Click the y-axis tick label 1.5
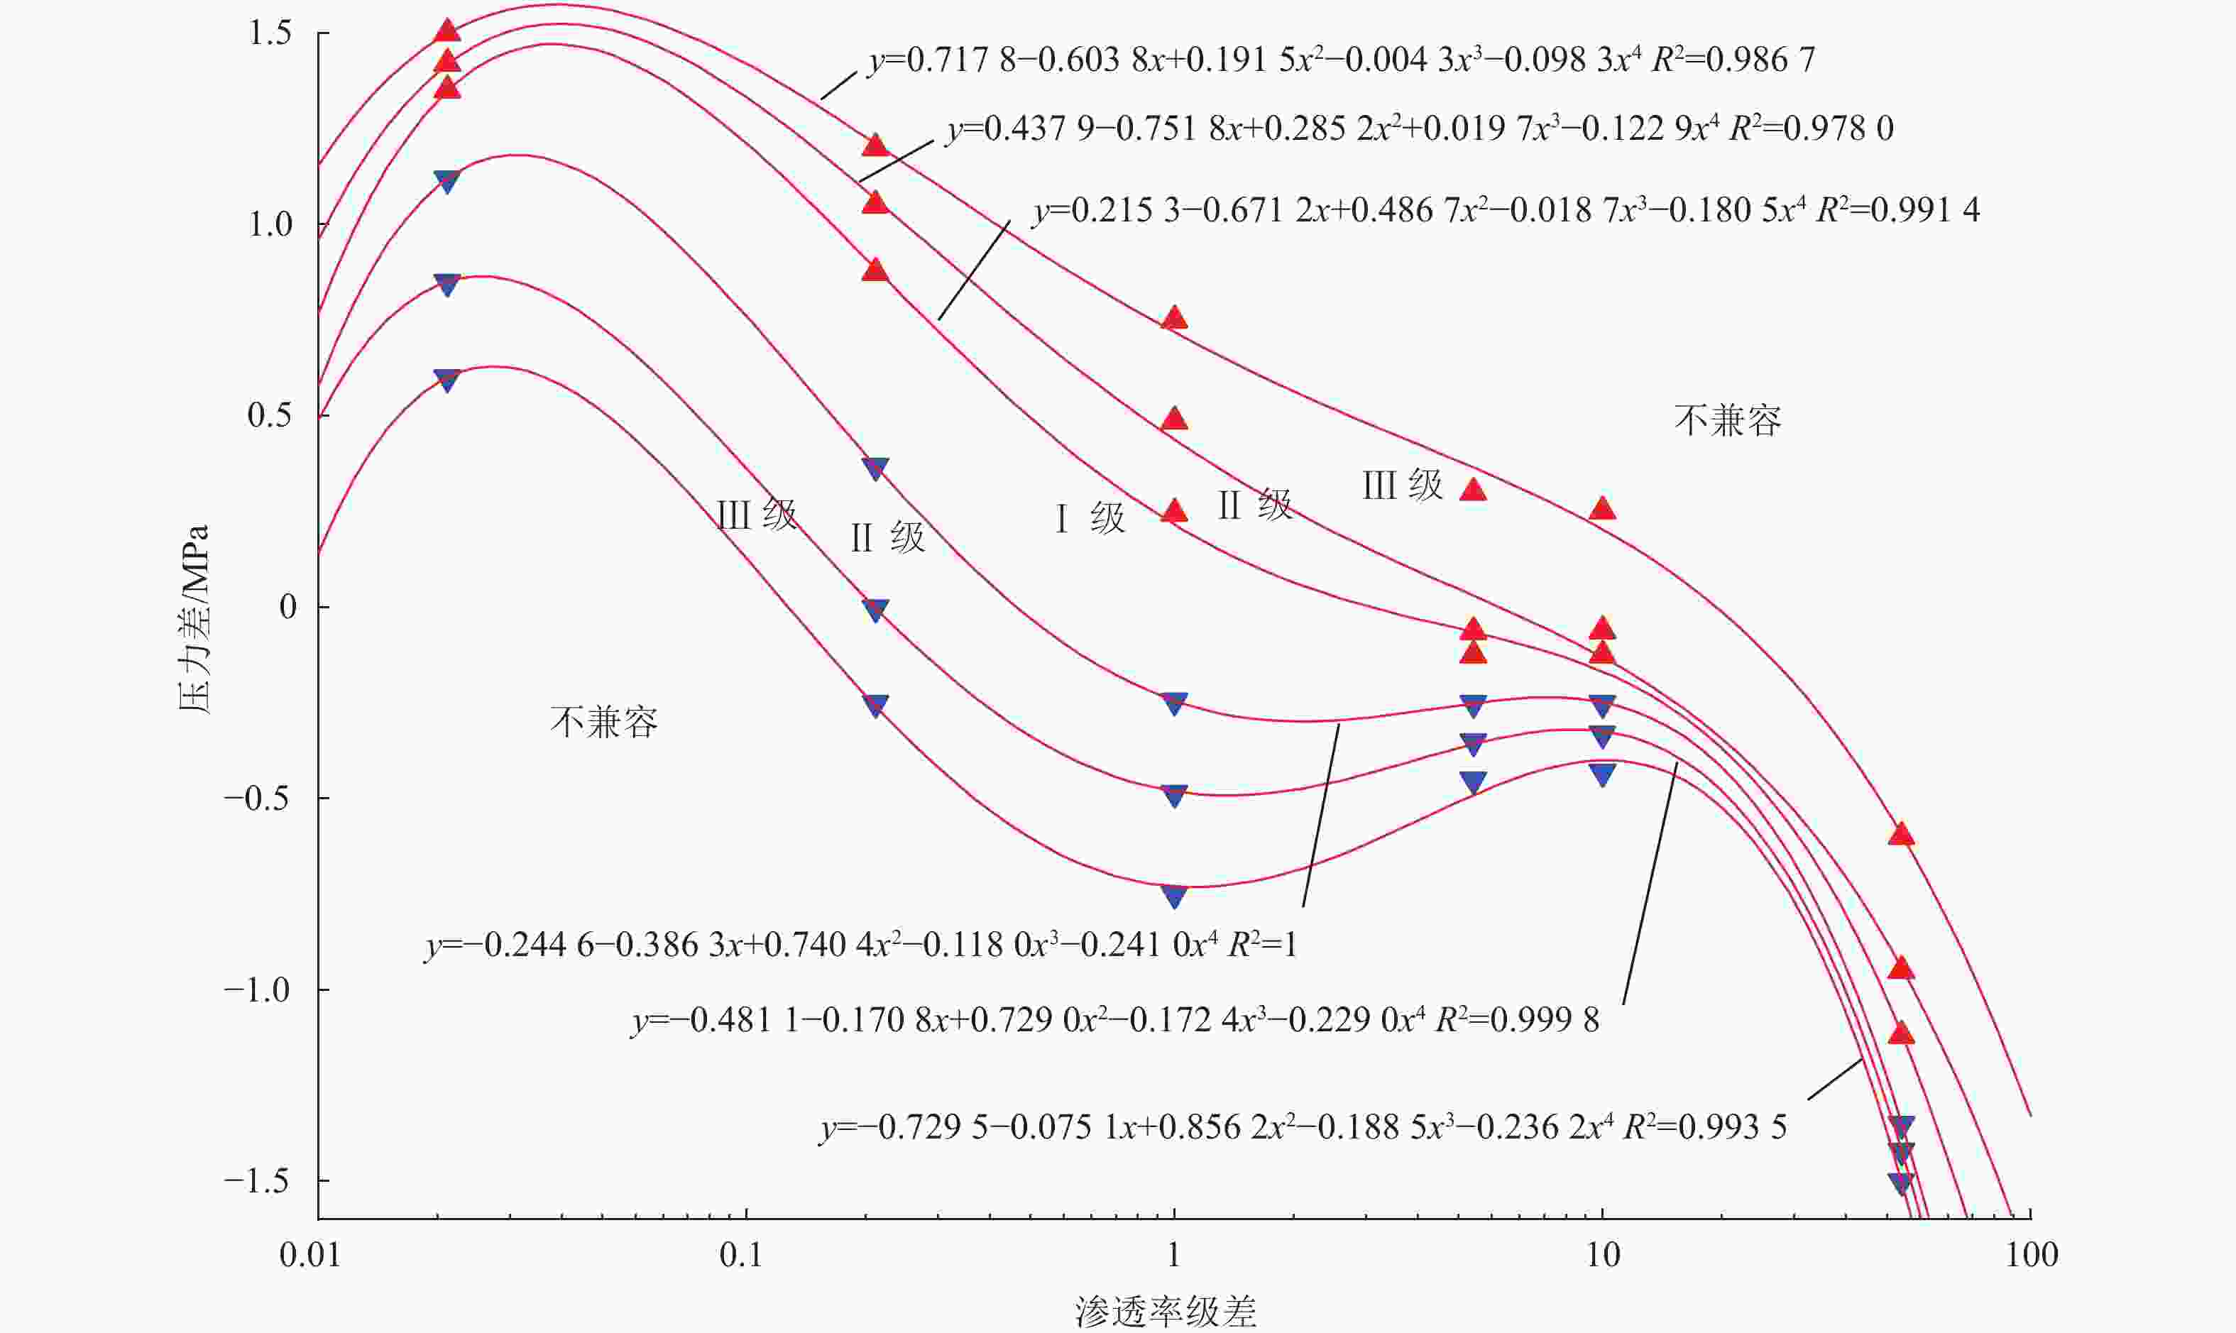point(270,33)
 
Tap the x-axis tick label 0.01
point(310,1255)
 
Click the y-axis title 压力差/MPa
point(194,619)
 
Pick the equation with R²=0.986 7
point(1341,60)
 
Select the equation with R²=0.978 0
point(1420,128)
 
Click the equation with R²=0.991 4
point(1506,210)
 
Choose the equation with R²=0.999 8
point(1115,1021)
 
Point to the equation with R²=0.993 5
point(1303,1126)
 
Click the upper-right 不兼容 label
point(1726,420)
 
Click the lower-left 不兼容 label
point(603,722)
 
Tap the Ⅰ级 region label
point(1089,518)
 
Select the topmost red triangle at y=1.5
point(447,31)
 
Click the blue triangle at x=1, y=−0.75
point(1174,896)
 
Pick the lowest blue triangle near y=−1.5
point(1900,1183)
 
